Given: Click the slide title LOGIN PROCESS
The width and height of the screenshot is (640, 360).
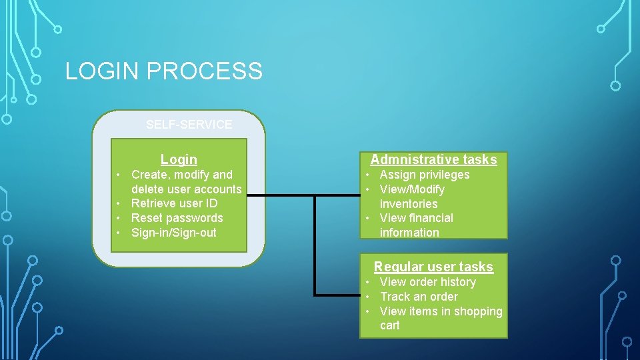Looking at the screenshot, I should [164, 71].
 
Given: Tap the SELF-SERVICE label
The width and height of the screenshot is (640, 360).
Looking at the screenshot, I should [189, 125].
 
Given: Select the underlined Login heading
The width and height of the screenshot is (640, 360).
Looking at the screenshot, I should [179, 159].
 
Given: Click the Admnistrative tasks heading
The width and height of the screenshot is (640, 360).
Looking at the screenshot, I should [433, 159].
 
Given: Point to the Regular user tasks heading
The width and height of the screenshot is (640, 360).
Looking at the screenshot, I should [433, 267].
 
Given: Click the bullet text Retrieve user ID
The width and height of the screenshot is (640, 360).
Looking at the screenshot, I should [174, 203].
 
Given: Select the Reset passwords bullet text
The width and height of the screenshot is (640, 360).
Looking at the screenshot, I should [177, 218].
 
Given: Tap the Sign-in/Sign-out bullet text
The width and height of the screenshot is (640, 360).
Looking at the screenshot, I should [173, 233].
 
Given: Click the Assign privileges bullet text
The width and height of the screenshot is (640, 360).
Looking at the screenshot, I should [424, 175].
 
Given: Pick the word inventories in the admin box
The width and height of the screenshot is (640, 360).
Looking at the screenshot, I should [409, 204].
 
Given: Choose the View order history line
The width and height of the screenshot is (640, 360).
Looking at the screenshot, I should [427, 282].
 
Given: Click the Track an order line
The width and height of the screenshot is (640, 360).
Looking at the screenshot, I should [419, 297].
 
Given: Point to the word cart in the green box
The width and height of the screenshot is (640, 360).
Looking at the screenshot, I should [390, 325].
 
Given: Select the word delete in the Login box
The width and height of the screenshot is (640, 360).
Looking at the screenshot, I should [148, 189].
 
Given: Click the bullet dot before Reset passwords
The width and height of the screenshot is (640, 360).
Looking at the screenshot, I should [117, 219].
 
